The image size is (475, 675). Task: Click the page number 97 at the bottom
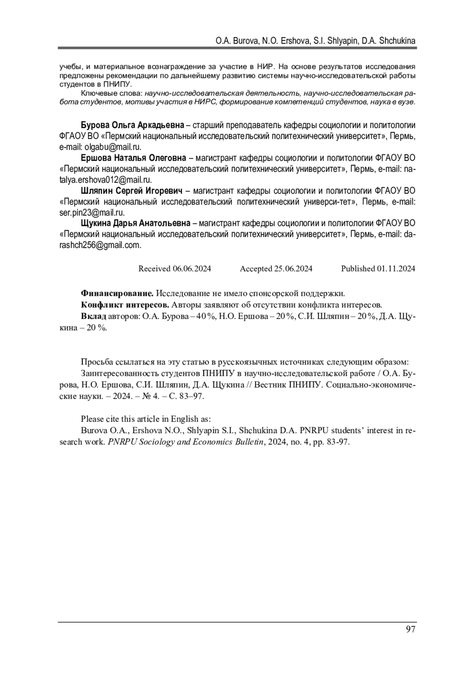click(x=410, y=629)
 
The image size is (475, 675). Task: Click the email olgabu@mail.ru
click(x=113, y=147)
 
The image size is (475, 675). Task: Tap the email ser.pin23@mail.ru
click(x=92, y=212)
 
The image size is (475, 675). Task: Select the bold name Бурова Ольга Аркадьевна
click(x=132, y=125)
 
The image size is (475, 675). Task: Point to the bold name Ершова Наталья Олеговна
click(x=133, y=158)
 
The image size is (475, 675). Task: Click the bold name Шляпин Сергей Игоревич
click(x=131, y=191)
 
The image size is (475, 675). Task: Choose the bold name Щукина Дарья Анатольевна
click(x=135, y=223)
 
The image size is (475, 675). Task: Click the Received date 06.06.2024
click(x=192, y=269)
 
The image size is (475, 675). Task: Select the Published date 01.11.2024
click(x=396, y=269)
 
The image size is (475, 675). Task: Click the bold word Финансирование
click(x=117, y=294)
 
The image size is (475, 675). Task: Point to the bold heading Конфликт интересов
click(x=125, y=305)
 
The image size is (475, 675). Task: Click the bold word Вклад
click(x=93, y=317)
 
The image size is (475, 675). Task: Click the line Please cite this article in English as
click(x=146, y=419)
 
